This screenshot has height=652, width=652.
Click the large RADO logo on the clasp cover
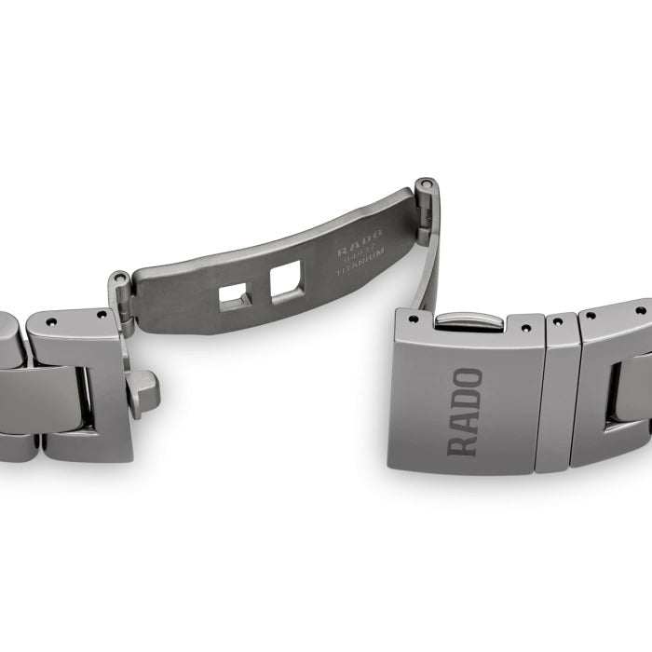[466, 412]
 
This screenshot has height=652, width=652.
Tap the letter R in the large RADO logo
[466, 442]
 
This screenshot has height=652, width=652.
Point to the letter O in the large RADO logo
[467, 379]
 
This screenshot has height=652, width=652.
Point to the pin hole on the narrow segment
[558, 322]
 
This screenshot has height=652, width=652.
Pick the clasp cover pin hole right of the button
[526, 327]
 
